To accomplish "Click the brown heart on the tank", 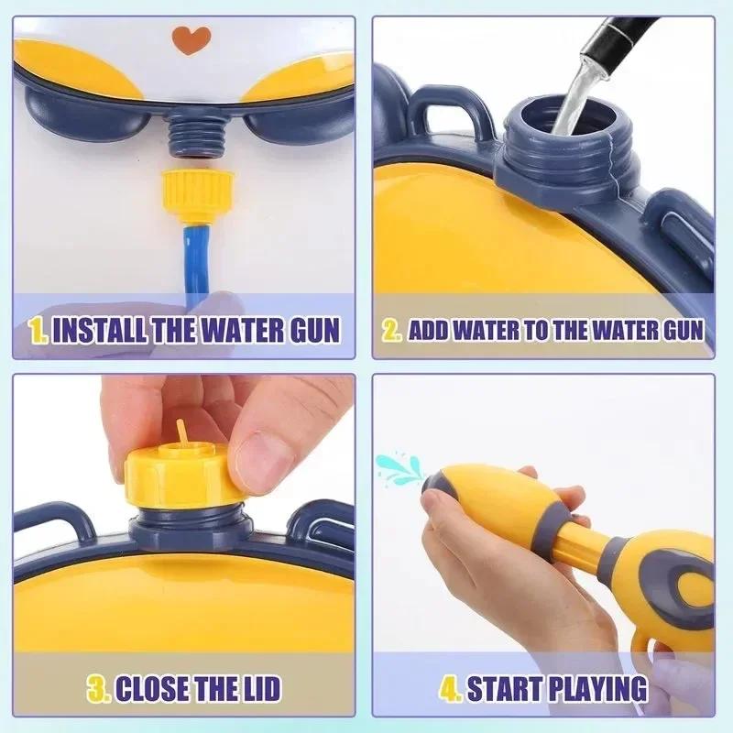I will pyautogui.click(x=191, y=39).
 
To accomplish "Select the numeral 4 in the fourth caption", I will pyautogui.click(x=450, y=687).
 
